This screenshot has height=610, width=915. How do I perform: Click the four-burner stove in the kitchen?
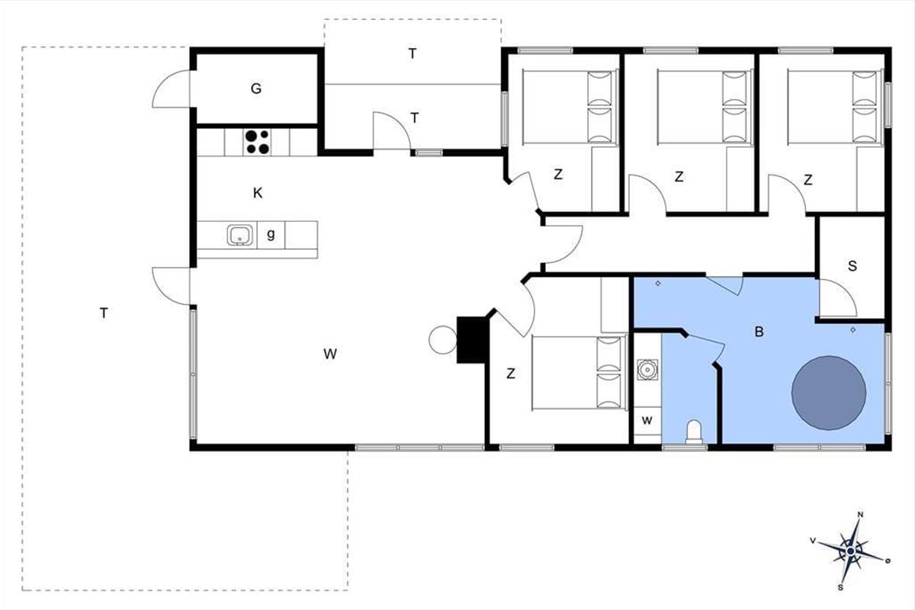(258, 142)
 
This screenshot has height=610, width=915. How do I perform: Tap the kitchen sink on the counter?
(239, 235)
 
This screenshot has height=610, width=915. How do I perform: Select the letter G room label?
(256, 88)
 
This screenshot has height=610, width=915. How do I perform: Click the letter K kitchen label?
(258, 193)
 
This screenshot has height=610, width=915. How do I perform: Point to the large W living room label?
(330, 354)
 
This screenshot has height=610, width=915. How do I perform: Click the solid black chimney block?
(473, 339)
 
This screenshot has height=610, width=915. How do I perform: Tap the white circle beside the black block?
(443, 340)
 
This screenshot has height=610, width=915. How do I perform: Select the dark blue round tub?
(829, 393)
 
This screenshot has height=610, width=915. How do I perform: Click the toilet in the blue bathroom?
(694, 432)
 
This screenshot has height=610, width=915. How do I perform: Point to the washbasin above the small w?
(647, 370)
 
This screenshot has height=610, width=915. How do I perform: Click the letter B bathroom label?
(759, 332)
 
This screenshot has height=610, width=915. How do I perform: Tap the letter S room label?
(852, 266)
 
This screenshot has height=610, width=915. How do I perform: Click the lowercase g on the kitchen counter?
(271, 234)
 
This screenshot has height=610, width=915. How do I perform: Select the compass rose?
(850, 551)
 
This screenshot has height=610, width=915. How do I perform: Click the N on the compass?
(860, 515)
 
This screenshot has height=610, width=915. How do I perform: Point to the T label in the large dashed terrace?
(104, 313)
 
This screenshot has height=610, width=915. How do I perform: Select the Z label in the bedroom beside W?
(511, 374)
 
